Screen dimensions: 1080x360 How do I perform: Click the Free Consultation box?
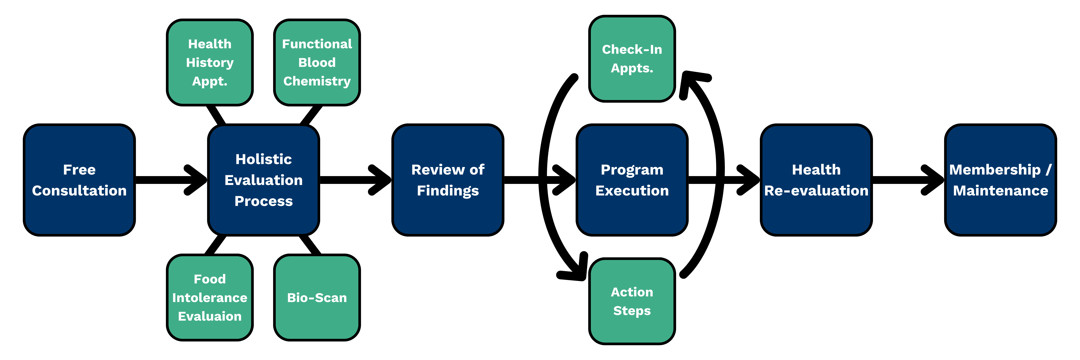[x=79, y=180]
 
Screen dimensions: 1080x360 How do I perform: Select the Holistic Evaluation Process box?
[x=264, y=180]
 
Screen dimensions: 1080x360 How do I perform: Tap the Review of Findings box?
[x=448, y=180]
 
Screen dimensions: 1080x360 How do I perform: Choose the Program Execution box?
[x=632, y=180]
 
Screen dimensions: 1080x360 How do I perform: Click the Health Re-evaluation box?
[x=816, y=180]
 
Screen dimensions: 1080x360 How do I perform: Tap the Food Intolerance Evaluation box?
[x=210, y=297]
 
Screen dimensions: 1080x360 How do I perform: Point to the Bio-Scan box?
[x=317, y=297]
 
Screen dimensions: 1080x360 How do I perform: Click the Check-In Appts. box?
[x=632, y=59]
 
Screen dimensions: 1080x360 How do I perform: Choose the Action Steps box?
[x=632, y=301]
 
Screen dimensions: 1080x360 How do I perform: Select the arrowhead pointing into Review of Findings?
[x=380, y=180]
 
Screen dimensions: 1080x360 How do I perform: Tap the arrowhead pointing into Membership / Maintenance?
[x=933, y=180]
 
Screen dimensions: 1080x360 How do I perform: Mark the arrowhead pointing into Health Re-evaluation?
[x=749, y=180]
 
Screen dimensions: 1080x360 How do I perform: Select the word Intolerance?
[x=210, y=297]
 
